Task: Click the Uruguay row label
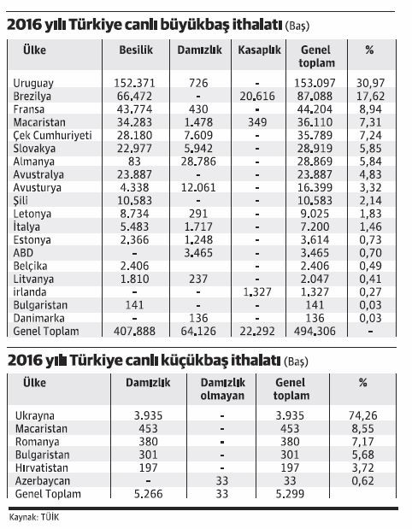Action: click(x=35, y=81)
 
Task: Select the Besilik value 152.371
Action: click(x=138, y=81)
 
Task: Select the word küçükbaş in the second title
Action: click(x=208, y=361)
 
